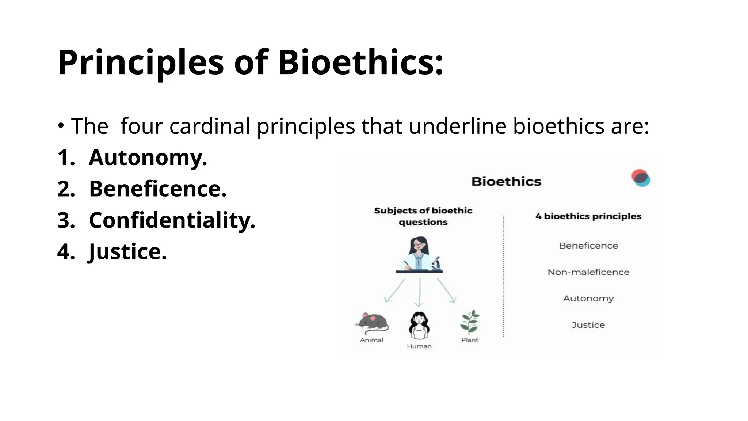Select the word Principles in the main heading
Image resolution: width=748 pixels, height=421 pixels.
click(x=141, y=63)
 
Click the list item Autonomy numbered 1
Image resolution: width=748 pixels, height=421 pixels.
click(x=148, y=158)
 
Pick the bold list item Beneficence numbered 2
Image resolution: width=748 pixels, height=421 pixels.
click(x=158, y=189)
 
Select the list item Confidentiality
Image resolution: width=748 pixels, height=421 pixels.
click(x=172, y=220)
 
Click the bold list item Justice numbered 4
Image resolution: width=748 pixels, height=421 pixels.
click(x=128, y=252)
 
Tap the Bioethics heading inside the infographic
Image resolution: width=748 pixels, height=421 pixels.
click(x=506, y=182)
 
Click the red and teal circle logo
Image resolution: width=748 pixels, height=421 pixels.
click(x=641, y=178)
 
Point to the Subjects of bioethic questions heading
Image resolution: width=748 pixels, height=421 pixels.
click(x=423, y=216)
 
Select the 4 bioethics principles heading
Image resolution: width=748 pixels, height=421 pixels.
click(x=588, y=216)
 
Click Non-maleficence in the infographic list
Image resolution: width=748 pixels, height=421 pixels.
click(x=588, y=272)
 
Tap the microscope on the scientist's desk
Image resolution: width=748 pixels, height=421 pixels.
click(x=436, y=263)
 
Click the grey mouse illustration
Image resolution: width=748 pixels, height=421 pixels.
click(x=373, y=323)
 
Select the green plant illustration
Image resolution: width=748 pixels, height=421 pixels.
click(x=470, y=322)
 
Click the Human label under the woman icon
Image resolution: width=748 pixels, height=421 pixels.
click(x=419, y=346)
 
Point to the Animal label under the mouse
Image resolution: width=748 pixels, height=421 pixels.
click(x=372, y=340)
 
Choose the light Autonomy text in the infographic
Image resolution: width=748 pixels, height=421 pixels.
click(x=588, y=299)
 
